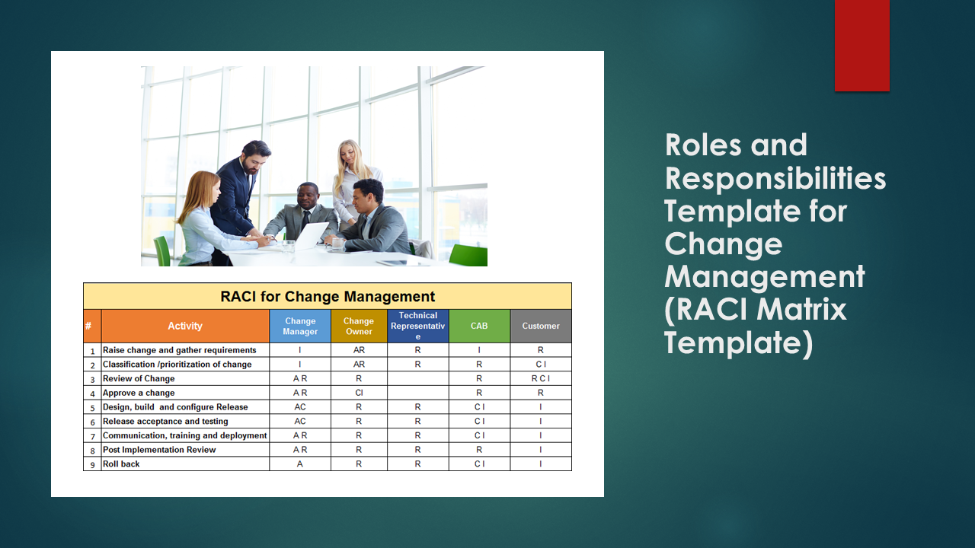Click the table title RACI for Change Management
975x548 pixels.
pyautogui.click(x=328, y=296)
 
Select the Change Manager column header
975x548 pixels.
pyautogui.click(x=300, y=326)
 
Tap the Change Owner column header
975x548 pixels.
pyautogui.click(x=359, y=326)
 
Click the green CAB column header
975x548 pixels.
pyautogui.click(x=479, y=326)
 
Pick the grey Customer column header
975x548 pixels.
pyautogui.click(x=541, y=326)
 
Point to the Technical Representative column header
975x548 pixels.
pyautogui.click(x=417, y=326)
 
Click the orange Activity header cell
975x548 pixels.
pyautogui.click(x=185, y=326)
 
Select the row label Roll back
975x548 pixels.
pyautogui.click(x=122, y=464)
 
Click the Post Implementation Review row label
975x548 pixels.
pyautogui.click(x=159, y=450)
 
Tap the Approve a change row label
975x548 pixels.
pyautogui.click(x=139, y=393)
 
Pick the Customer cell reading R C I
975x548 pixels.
pyautogui.click(x=541, y=378)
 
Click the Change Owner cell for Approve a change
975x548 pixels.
pyautogui.click(x=359, y=393)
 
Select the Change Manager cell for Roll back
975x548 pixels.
pyautogui.click(x=300, y=464)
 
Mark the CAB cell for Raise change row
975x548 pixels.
pyautogui.click(x=479, y=350)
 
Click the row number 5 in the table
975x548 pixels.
pyautogui.click(x=92, y=408)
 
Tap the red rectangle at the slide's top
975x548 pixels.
pyautogui.click(x=862, y=45)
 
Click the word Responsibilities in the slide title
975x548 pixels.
pyautogui.click(x=775, y=178)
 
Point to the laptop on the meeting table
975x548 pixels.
pyautogui.click(x=311, y=236)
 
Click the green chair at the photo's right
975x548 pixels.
pyautogui.click(x=469, y=256)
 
